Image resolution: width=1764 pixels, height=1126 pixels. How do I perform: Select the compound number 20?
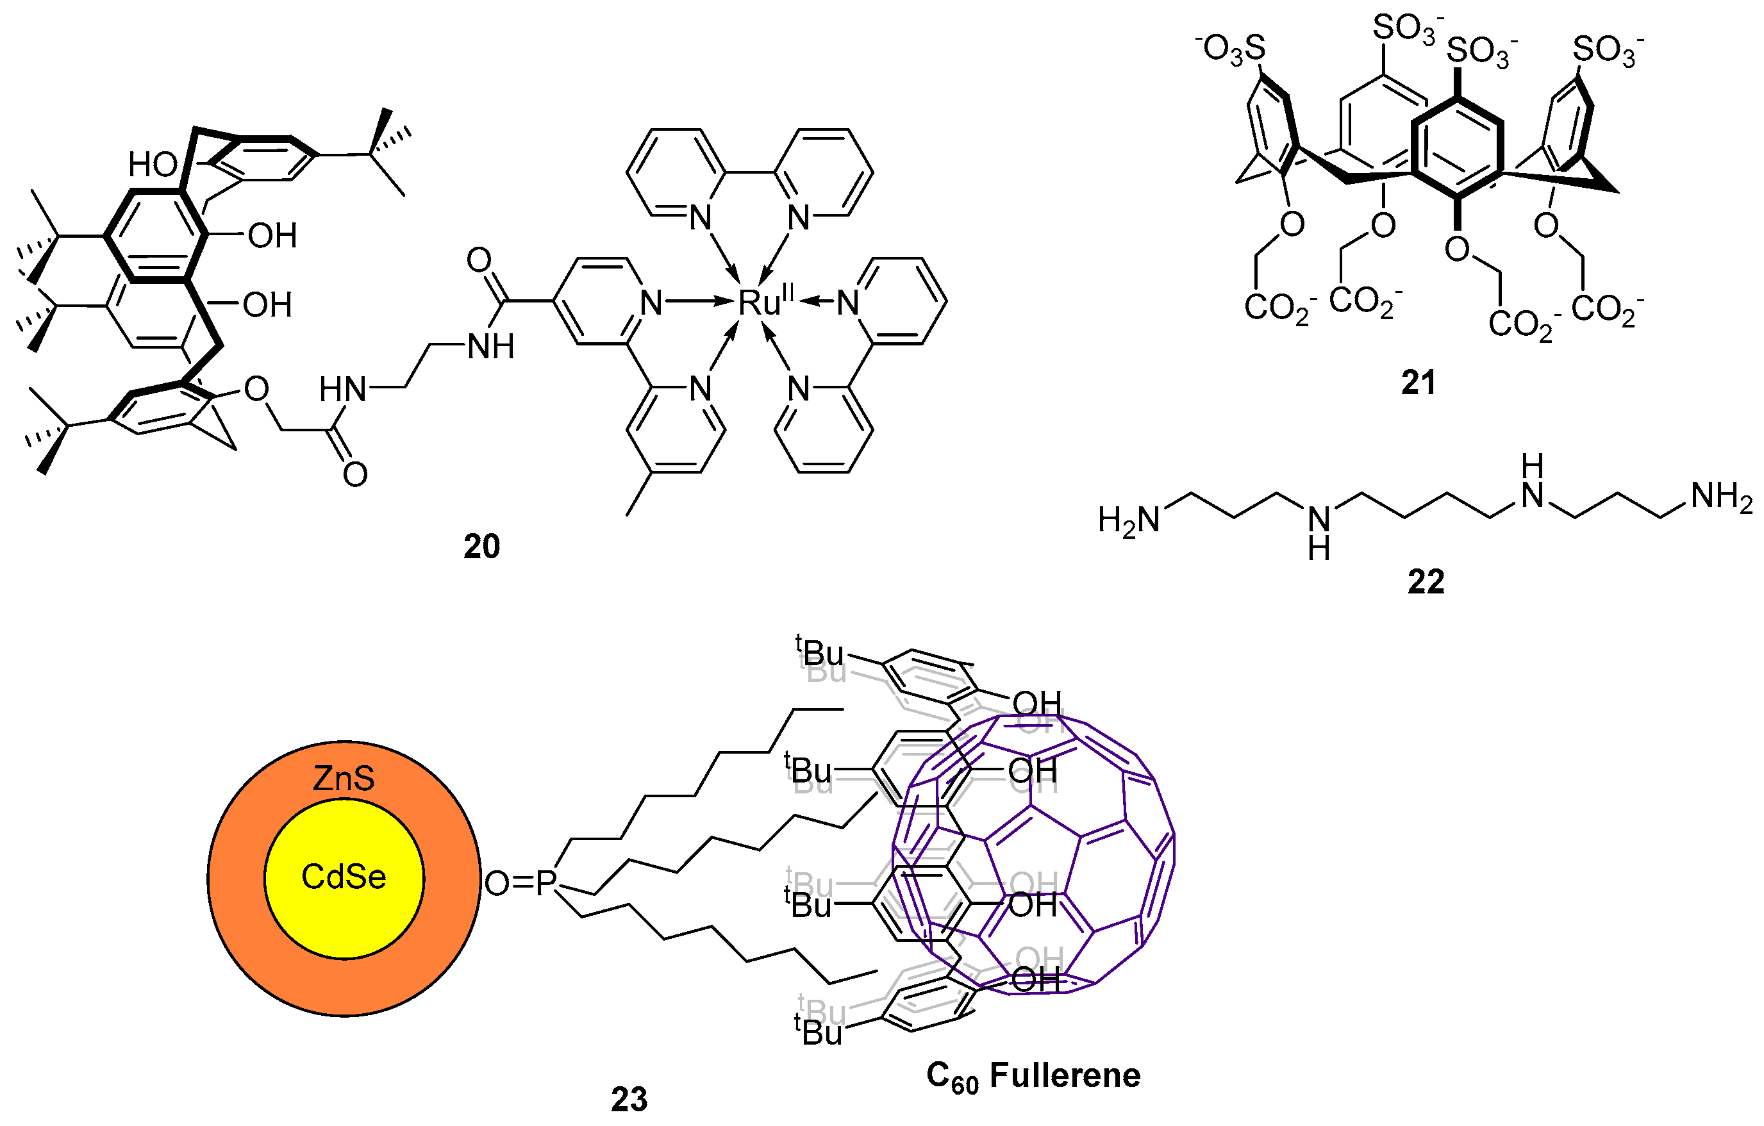(x=481, y=547)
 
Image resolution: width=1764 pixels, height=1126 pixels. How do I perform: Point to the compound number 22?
(x=1426, y=581)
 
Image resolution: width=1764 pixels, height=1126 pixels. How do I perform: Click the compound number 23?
(x=629, y=1099)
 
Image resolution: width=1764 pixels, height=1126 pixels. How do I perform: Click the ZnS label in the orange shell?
(x=344, y=778)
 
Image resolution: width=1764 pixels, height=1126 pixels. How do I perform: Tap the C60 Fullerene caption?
(x=1033, y=1076)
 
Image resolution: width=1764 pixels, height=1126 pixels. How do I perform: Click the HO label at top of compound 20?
(x=153, y=165)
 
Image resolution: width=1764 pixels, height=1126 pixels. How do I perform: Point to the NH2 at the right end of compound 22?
(x=1722, y=497)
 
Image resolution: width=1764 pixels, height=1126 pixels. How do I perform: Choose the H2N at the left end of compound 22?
(x=1129, y=521)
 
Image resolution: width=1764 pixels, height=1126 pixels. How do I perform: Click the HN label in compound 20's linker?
(x=342, y=390)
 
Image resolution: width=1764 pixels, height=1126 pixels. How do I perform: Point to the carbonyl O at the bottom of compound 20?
(x=355, y=475)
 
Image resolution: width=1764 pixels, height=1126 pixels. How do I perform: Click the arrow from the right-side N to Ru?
(x=817, y=301)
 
